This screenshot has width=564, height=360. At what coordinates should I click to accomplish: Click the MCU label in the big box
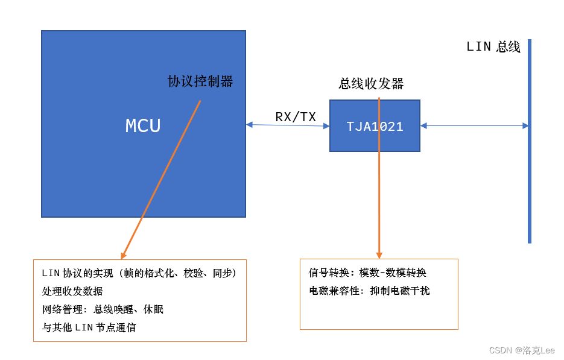[x=143, y=125]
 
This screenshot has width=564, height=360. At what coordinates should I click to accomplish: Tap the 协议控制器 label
[x=200, y=81]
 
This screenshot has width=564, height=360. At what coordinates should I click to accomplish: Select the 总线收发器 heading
[x=371, y=84]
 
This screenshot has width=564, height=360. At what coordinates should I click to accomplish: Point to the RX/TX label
[x=296, y=117]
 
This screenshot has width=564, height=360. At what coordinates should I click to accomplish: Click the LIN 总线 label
[x=493, y=47]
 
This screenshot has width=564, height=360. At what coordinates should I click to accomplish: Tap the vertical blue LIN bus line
[x=530, y=181]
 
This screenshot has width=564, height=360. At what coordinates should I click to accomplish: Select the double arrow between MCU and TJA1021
[x=288, y=125]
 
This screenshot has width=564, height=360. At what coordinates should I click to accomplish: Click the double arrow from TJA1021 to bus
[x=474, y=125]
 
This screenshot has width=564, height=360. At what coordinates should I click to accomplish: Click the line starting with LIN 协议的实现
[x=139, y=273]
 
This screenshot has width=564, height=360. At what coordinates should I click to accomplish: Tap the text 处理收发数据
[x=72, y=291]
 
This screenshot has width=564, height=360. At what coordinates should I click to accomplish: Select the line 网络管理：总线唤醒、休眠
[x=103, y=309]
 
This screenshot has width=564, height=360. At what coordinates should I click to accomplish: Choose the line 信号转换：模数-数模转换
[x=367, y=273]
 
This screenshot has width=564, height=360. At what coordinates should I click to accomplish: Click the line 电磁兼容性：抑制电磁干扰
[x=369, y=291]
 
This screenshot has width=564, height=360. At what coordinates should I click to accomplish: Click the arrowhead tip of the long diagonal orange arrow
[x=122, y=257]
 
